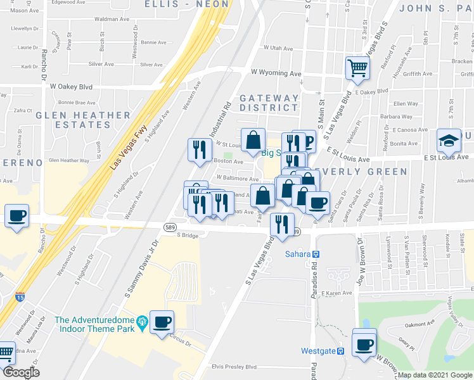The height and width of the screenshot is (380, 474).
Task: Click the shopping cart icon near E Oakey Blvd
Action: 358,67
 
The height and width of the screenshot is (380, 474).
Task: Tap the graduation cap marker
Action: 449,141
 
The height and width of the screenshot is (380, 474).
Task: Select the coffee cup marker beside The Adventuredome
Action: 162,322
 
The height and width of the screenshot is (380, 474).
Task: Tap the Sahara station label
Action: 301,254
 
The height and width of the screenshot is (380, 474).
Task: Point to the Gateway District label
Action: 269,104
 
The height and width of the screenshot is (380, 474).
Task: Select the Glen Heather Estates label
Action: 83,120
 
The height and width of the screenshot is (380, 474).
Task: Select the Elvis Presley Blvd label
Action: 234,367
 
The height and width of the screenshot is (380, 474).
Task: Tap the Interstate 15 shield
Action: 20,296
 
